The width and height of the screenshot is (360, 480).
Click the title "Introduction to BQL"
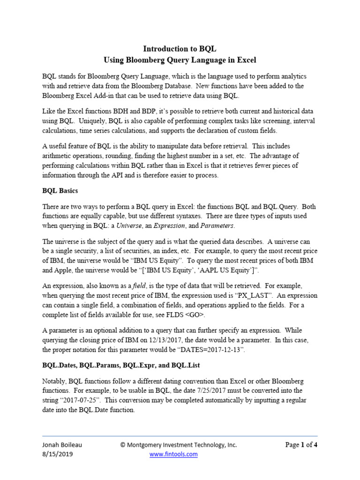[x=180, y=49]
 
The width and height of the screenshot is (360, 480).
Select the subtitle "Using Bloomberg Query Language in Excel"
[x=180, y=60]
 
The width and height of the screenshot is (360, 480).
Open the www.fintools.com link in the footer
[x=173, y=454]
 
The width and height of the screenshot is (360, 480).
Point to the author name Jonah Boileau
[x=64, y=445]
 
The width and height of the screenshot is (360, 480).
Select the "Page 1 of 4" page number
[x=301, y=445]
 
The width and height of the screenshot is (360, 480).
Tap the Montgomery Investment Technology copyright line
[x=178, y=445]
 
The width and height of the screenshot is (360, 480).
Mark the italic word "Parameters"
[x=217, y=226]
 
